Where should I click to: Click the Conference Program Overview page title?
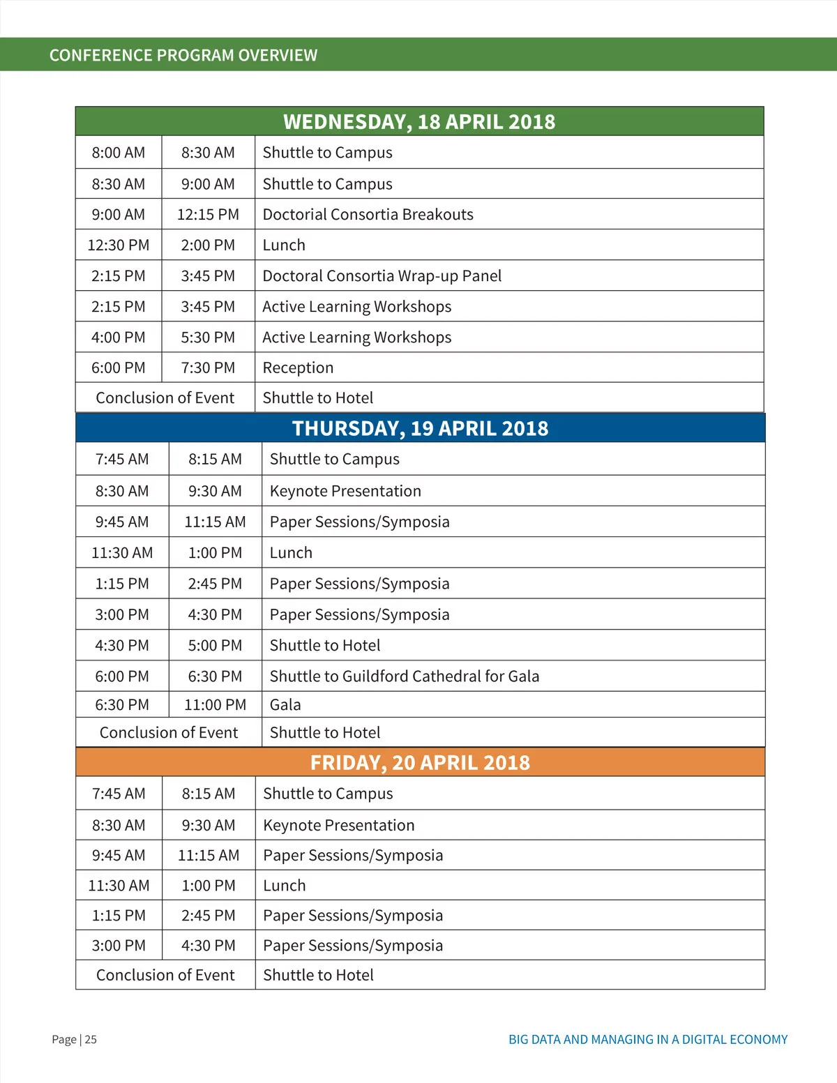[x=183, y=55]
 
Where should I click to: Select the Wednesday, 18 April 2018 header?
[x=419, y=122]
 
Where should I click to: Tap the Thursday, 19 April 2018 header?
[x=420, y=428]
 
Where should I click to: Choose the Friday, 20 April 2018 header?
[x=420, y=762]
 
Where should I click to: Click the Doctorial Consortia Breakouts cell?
[x=368, y=215]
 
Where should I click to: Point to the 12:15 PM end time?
[x=208, y=215]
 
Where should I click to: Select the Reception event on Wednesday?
[x=298, y=368]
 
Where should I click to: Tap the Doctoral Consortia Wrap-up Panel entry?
[x=382, y=276]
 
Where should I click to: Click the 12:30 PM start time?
[x=119, y=245]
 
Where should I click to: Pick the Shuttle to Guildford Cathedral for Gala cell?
[x=404, y=676]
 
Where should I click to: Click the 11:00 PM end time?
[x=215, y=705]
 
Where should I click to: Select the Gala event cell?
[x=285, y=705]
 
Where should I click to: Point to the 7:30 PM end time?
[x=208, y=368]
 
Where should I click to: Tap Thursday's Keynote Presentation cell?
[x=345, y=491]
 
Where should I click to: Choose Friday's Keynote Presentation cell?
[x=338, y=826]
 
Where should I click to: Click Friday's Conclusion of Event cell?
[x=165, y=975]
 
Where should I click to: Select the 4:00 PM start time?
[x=119, y=338]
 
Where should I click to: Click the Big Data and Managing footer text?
[x=648, y=1040]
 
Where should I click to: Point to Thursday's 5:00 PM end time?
[x=215, y=646]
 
